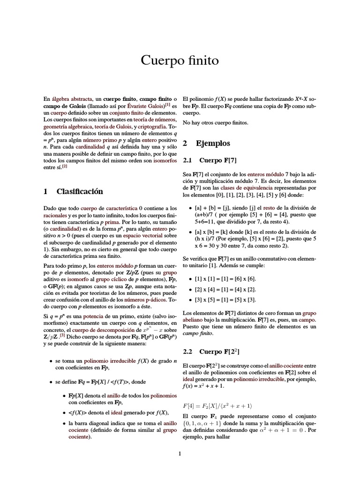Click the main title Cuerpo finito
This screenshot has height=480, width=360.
pos(180,60)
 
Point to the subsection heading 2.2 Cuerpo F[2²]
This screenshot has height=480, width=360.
pos(213,351)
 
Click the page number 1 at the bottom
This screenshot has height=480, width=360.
pos(180,453)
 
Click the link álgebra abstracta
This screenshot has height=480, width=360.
pos(72,99)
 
